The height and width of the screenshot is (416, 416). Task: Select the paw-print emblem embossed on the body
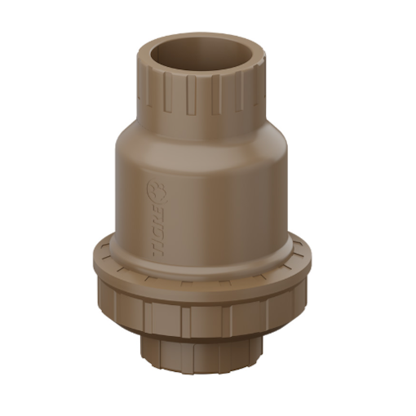point(153,191)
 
